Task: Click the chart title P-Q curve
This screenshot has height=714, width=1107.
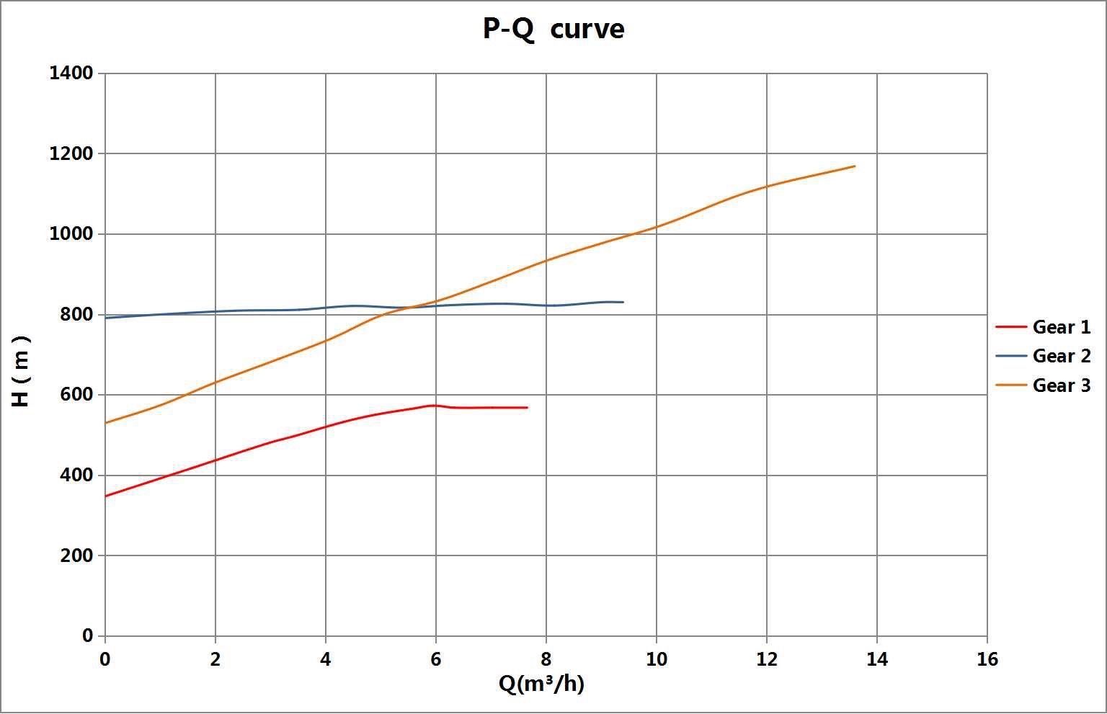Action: coord(553,30)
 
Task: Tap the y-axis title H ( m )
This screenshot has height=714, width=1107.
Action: coord(21,371)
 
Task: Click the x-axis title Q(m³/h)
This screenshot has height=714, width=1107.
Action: coord(541,683)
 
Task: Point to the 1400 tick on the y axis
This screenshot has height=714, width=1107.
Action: coord(71,73)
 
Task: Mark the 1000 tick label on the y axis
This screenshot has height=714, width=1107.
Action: coord(71,234)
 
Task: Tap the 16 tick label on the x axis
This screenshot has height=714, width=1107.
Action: coord(987,659)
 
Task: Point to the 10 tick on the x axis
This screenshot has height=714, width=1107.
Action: coord(657,659)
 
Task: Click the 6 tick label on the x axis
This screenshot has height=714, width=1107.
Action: coord(436,659)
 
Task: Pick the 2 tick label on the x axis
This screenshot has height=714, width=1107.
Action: coord(215,659)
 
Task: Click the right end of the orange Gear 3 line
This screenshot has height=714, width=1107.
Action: coord(855,166)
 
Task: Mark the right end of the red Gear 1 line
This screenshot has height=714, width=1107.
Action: coord(528,408)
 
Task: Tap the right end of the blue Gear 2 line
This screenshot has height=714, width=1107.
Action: coord(623,302)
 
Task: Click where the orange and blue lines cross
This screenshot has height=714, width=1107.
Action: coord(411,307)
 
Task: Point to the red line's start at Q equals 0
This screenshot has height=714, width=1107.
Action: coord(105,496)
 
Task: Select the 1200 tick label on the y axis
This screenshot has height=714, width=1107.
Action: coord(71,153)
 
